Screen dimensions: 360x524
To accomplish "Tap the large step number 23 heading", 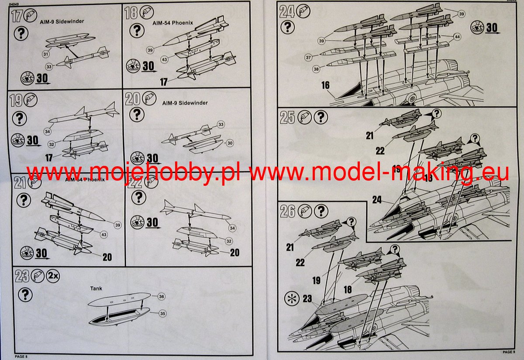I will (x=22, y=276).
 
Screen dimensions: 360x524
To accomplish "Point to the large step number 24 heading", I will (x=287, y=11).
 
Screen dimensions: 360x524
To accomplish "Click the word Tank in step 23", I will (x=96, y=288).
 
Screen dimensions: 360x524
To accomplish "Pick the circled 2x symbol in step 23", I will (x=53, y=276).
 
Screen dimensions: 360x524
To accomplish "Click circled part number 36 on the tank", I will (x=162, y=296).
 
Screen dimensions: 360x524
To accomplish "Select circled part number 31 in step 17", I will (x=45, y=54).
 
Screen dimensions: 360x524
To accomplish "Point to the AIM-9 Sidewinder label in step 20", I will (x=185, y=103).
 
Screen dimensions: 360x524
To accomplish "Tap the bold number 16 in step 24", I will (x=325, y=86).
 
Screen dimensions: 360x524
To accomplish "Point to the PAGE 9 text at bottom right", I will (x=508, y=352).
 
